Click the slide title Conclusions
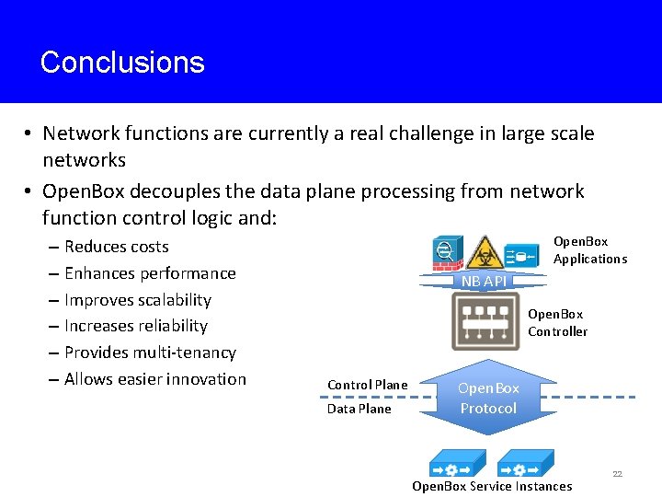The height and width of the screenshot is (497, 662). [122, 63]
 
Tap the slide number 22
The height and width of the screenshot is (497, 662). [617, 474]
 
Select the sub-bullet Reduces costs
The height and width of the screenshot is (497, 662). [116, 247]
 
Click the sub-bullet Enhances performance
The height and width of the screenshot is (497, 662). [150, 273]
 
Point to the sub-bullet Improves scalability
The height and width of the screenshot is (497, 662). [138, 300]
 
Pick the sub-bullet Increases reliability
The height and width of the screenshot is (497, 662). [136, 326]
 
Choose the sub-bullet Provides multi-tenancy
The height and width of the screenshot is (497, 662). [150, 353]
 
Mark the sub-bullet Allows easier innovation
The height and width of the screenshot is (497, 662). [155, 379]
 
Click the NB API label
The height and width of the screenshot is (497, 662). [484, 281]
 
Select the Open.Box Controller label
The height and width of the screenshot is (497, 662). [557, 323]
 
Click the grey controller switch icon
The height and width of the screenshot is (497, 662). [485, 321]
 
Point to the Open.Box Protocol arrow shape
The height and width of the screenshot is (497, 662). [488, 398]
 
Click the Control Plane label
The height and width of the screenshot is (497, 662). [368, 385]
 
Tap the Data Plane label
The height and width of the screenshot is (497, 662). [360, 409]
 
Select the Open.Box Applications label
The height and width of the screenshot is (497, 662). [589, 250]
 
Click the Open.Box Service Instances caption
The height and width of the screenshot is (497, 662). [492, 486]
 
